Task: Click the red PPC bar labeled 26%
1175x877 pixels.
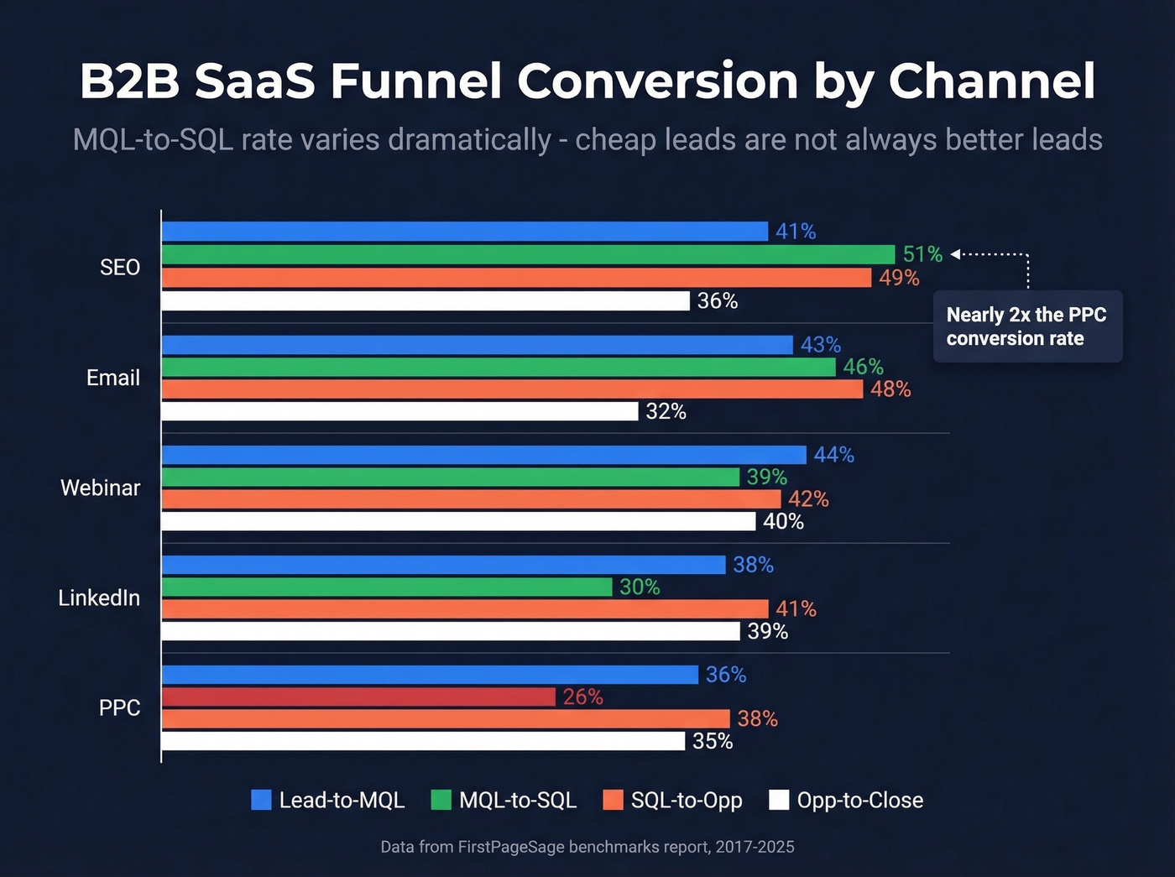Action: pyautogui.click(x=358, y=697)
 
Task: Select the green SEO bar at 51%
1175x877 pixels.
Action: pyautogui.click(x=528, y=254)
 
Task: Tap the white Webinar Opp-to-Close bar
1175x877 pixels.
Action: pyautogui.click(x=458, y=521)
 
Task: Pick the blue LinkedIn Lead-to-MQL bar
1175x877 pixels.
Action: pyautogui.click(x=443, y=565)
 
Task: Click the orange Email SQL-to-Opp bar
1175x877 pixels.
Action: pyautogui.click(x=512, y=389)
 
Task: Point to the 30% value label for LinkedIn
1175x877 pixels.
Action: pyautogui.click(x=640, y=587)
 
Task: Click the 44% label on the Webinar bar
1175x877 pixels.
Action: pyautogui.click(x=833, y=455)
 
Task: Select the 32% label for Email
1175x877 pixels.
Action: pyautogui.click(x=666, y=411)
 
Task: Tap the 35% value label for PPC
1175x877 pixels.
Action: pyautogui.click(x=713, y=741)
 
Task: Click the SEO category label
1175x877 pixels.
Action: pyautogui.click(x=120, y=268)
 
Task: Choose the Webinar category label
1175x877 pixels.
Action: pyautogui.click(x=100, y=488)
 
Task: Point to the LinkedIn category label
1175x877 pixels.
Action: pyautogui.click(x=99, y=598)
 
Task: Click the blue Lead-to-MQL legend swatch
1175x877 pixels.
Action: pyautogui.click(x=261, y=800)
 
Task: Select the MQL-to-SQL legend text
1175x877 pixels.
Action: pyautogui.click(x=517, y=801)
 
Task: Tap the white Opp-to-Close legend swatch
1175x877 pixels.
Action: pyautogui.click(x=779, y=800)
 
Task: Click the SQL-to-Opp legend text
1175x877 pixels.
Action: pyautogui.click(x=687, y=801)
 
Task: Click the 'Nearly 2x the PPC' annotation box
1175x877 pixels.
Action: pyautogui.click(x=1027, y=326)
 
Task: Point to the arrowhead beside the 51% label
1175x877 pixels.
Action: pyautogui.click(x=955, y=254)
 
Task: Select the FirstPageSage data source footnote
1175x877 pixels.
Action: pyautogui.click(x=587, y=847)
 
